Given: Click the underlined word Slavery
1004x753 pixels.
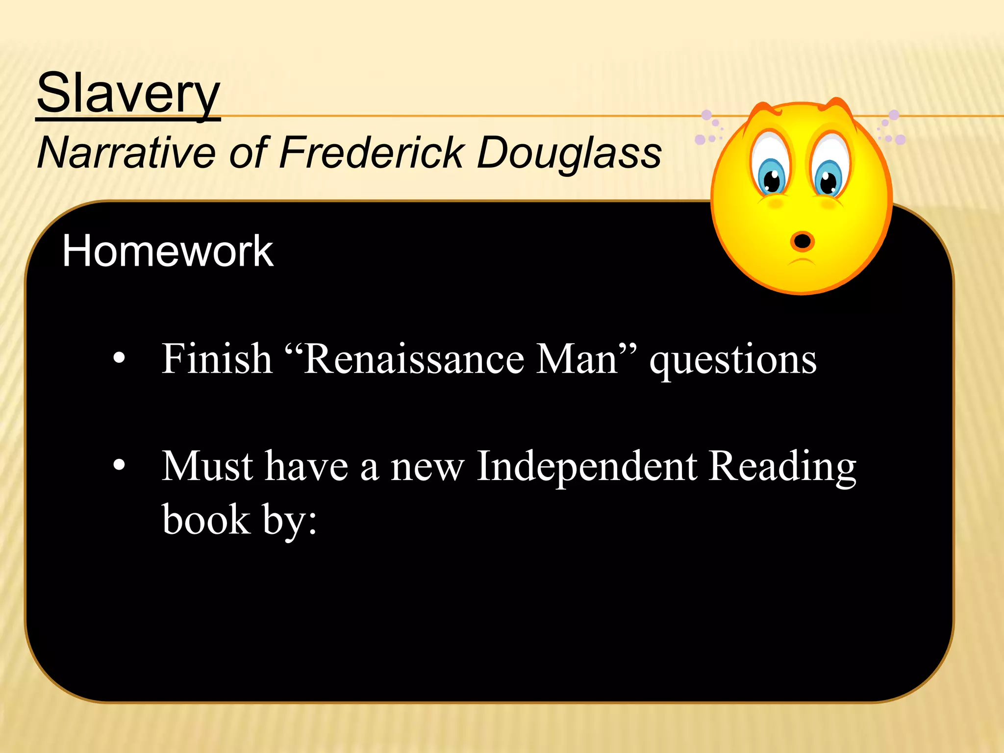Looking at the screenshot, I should pyautogui.click(x=128, y=93).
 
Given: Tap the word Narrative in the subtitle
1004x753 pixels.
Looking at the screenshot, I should pyautogui.click(x=126, y=152).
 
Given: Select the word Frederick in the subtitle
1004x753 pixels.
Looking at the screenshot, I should pyautogui.click(x=371, y=152).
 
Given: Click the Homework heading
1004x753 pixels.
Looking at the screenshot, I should pyautogui.click(x=167, y=251).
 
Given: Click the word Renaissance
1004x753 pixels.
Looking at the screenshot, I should pyautogui.click(x=414, y=359).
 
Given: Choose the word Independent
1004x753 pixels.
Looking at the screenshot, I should pyautogui.click(x=586, y=467).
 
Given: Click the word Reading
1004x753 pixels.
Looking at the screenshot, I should pyautogui.click(x=782, y=467).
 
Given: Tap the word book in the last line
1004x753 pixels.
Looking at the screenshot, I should pyautogui.click(x=206, y=519).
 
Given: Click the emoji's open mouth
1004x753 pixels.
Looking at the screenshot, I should pyautogui.click(x=802, y=241).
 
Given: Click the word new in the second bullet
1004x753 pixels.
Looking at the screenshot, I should pyautogui.click(x=427, y=467).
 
